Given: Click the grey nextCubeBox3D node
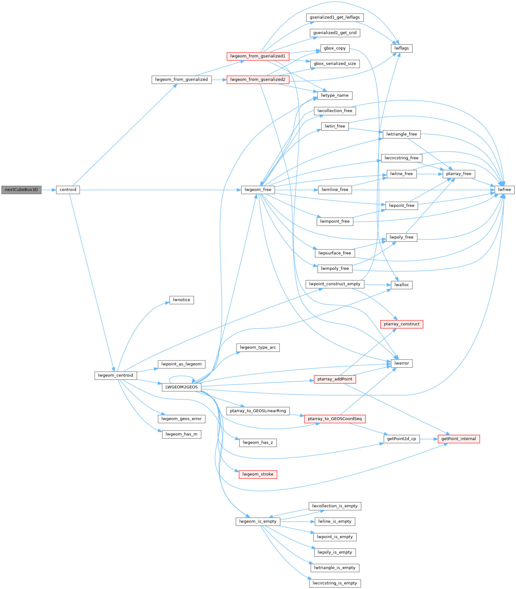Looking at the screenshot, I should tap(21, 190).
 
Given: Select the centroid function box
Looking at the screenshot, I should tap(68, 190).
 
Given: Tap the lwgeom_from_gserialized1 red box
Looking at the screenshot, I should tap(258, 56).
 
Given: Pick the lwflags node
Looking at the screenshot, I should tap(401, 48).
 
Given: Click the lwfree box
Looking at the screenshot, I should tap(504, 190).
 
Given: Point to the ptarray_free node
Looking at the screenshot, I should tap(458, 174).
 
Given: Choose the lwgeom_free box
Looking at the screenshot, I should tap(258, 190).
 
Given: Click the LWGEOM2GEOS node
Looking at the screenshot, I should tap(181, 387).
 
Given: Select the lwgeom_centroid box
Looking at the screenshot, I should tap(115, 375).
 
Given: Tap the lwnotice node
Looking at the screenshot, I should tap(181, 300).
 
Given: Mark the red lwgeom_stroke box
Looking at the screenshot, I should tap(258, 474).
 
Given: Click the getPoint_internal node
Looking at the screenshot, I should tap(458, 439).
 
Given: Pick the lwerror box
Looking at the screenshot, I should tap(401, 363).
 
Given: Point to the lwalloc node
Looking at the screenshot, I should tap(401, 285).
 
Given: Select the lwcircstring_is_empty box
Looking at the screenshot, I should tap(335, 583).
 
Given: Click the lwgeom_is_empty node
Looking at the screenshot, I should tap(258, 521).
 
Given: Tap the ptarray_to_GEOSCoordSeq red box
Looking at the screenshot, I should tap(335, 419).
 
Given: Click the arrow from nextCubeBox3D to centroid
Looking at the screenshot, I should tap(49, 190).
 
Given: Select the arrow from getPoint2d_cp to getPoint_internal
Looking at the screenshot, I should tap(429, 439).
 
